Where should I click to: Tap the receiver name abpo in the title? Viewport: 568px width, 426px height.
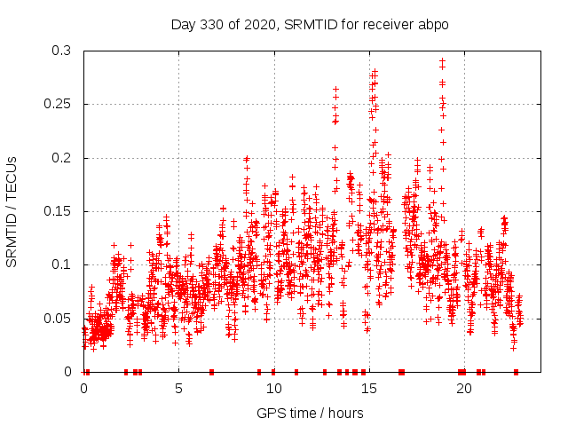(x=430, y=25)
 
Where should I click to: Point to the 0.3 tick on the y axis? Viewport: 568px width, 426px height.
(x=60, y=51)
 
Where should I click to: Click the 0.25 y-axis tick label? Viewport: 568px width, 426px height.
(x=57, y=105)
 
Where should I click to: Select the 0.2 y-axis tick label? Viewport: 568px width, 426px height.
(x=60, y=158)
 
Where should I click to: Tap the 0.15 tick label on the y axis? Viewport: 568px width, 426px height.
(x=57, y=211)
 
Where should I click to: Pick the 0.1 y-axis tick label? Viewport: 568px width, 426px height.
(x=60, y=264)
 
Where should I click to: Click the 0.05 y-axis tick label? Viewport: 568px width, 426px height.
(x=57, y=318)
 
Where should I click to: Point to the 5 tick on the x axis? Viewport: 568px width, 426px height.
(x=178, y=389)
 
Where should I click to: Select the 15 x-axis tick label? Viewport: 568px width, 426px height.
(x=368, y=389)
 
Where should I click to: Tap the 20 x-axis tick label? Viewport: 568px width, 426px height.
(x=463, y=389)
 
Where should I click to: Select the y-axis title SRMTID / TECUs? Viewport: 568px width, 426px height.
(x=12, y=211)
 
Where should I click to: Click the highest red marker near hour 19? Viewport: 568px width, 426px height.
(x=442, y=60)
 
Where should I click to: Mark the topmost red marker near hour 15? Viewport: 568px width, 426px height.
(x=375, y=71)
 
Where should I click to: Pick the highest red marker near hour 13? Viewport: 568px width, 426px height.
(x=335, y=89)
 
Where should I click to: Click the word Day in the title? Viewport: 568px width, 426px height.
(x=183, y=25)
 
